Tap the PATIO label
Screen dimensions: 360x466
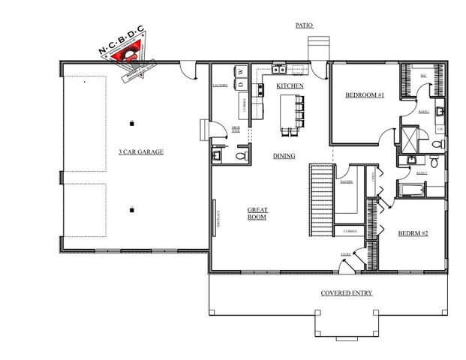click(304, 25)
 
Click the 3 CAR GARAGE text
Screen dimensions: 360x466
click(140, 152)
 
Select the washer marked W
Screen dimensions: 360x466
click(242, 72)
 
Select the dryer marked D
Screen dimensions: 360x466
click(242, 85)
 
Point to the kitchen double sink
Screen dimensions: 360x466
click(279, 71)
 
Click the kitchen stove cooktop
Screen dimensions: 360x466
click(261, 91)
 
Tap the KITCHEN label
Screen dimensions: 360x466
click(290, 87)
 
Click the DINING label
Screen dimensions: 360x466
click(284, 156)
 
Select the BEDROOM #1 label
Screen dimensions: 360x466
click(365, 95)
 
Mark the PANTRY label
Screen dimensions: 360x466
click(346, 181)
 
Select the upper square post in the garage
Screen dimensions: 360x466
click(132, 121)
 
